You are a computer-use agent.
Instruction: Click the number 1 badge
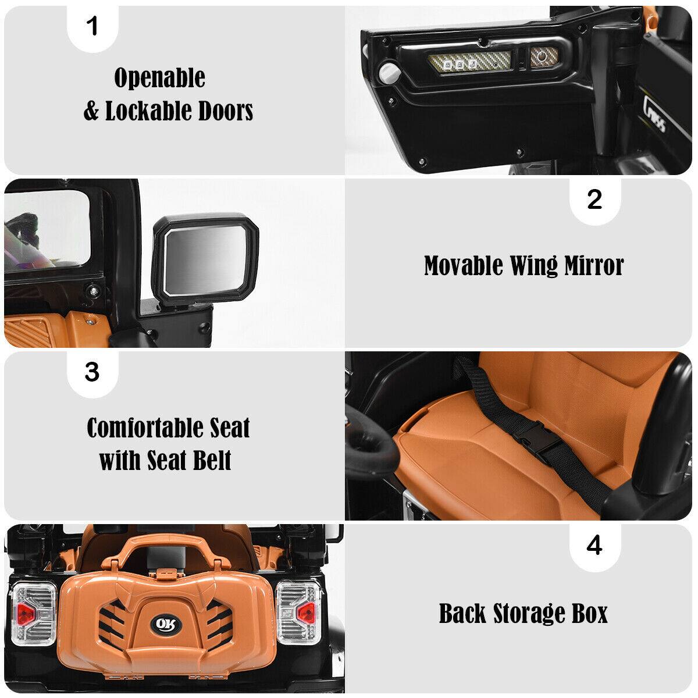[92, 27]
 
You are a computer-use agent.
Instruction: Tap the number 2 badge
[594, 200]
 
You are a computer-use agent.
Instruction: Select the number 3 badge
[92, 372]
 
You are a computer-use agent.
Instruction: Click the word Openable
[159, 77]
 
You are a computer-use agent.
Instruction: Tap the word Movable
[463, 266]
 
